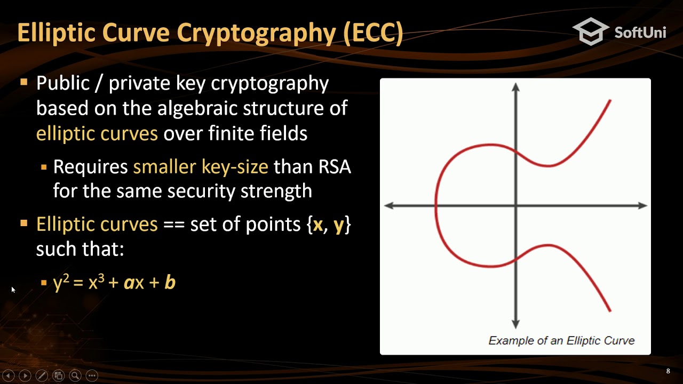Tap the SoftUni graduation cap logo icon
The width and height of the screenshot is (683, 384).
(591, 31)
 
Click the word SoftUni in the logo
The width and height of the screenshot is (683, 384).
(640, 32)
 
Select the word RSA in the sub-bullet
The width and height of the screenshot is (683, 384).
(335, 167)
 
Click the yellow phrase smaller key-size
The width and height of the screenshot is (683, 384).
(201, 167)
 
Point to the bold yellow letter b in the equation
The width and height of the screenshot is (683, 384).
(170, 282)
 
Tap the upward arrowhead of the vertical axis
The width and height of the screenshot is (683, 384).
(515, 87)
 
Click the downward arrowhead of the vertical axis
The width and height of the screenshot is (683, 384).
(515, 324)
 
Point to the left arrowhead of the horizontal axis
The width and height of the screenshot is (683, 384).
(389, 205)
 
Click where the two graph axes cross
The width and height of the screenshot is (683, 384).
(515, 205)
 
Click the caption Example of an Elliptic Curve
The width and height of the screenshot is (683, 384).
(561, 340)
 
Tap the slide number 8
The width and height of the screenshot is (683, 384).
(668, 371)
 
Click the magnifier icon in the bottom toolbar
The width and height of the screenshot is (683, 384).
(75, 375)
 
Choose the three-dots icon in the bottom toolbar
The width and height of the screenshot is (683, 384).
(92, 375)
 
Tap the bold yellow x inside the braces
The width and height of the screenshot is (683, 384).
(318, 225)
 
